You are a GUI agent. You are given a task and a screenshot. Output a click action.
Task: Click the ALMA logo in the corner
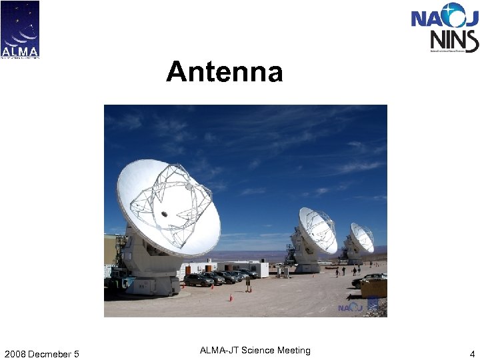pos(20,29)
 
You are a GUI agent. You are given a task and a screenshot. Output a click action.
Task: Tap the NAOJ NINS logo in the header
pos(444,27)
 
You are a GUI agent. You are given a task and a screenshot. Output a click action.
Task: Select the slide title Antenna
pos(225,71)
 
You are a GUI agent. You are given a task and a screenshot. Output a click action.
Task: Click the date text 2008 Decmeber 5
pos(41,353)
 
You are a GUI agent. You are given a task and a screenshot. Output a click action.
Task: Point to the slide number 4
pos(471,353)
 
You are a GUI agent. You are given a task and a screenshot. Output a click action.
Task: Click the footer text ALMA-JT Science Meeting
pos(255,351)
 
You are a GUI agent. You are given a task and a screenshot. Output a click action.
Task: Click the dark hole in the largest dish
pos(163,214)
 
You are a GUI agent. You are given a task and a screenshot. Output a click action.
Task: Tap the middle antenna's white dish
pos(317,229)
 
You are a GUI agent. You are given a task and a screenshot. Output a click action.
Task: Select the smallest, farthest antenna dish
pos(362,237)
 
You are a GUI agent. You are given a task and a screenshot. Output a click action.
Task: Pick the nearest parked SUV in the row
pos(199,280)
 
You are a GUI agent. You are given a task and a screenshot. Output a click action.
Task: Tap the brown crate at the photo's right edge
pos(374,288)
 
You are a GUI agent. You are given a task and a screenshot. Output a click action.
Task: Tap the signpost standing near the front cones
pos(248,283)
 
